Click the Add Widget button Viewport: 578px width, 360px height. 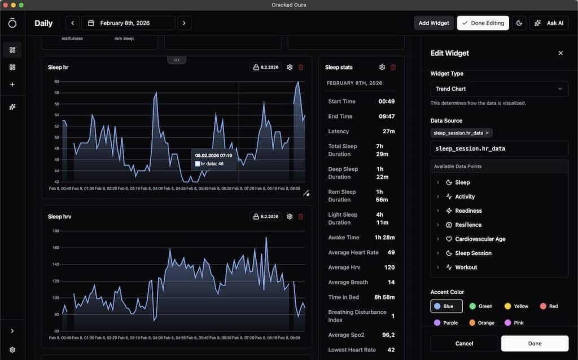tap(433, 23)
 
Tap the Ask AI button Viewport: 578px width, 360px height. tap(549, 23)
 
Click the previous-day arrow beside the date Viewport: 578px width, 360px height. tap(72, 23)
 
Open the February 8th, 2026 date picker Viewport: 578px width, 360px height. tap(128, 23)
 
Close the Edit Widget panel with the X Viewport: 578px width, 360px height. tap(561, 53)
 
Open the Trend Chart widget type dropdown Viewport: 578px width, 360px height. tap(499, 89)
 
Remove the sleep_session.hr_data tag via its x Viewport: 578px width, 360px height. tap(488, 133)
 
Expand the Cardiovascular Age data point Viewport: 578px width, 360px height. tap(480, 239)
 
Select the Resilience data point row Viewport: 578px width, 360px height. tap(468, 225)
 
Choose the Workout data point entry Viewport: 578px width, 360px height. tap(466, 267)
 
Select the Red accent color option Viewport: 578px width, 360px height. tap(549, 306)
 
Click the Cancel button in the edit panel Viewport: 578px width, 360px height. tap(464, 343)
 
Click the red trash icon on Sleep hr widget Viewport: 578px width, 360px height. tap(301, 67)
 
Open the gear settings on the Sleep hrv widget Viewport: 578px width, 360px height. tap(290, 217)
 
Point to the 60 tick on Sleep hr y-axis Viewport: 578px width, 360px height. tap(56, 82)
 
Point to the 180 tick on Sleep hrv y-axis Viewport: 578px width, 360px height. tap(55, 231)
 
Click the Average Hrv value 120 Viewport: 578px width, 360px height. tap(389, 267)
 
